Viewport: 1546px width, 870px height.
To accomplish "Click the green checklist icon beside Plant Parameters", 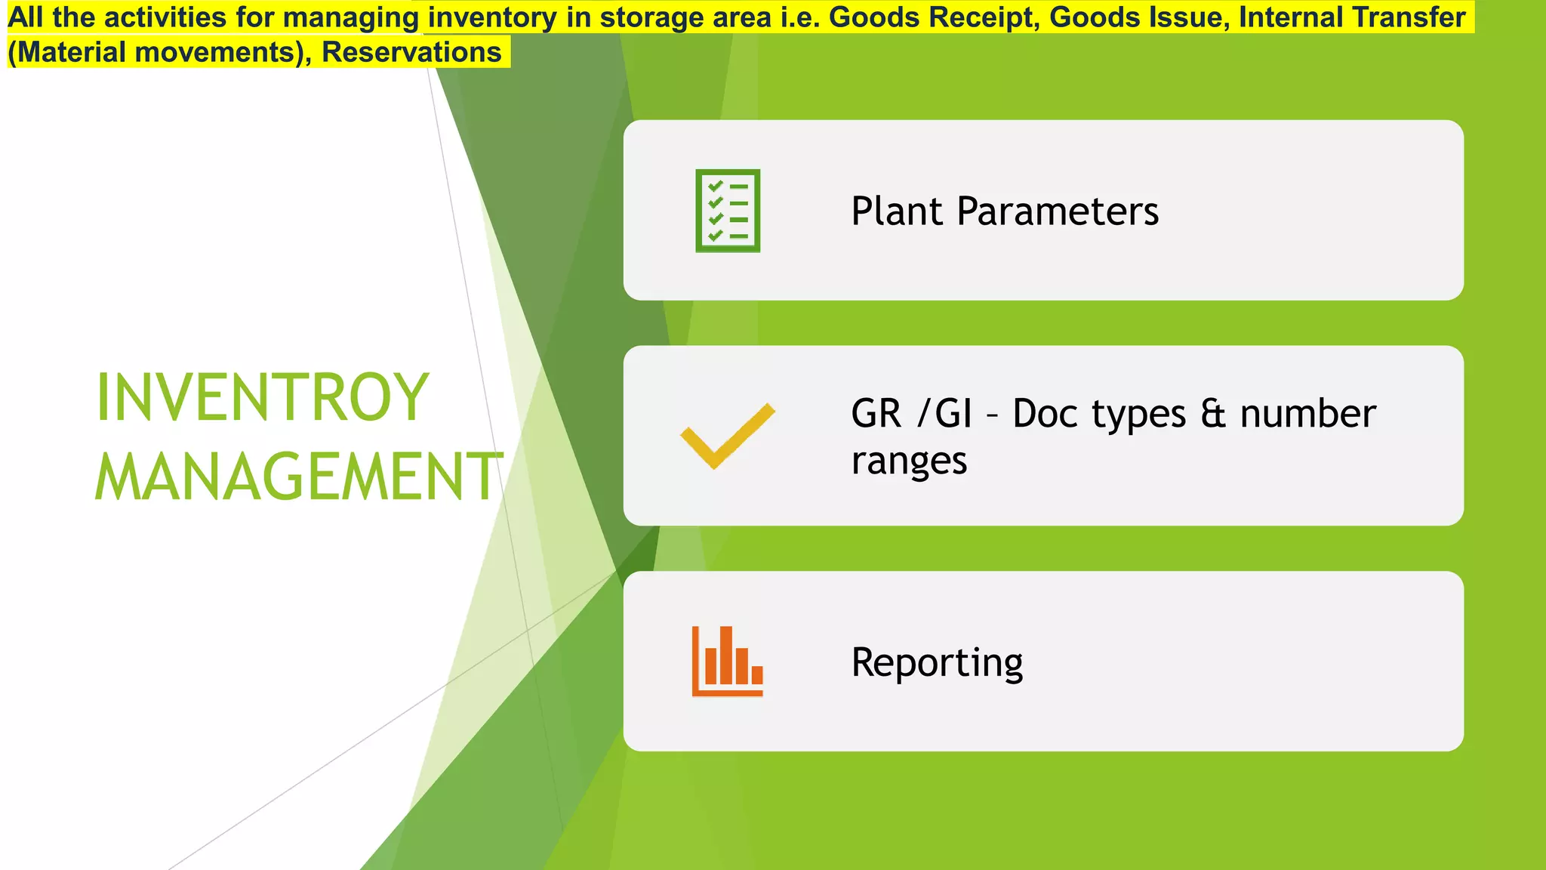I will (728, 211).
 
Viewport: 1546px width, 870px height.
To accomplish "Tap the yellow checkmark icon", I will (727, 437).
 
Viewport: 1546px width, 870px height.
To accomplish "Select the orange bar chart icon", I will (728, 662).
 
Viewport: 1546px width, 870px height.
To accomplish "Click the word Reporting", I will (937, 662).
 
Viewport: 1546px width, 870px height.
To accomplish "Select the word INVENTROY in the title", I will (263, 398).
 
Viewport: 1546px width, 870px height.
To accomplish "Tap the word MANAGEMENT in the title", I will (299, 477).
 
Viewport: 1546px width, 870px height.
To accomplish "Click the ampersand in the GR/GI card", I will (1213, 414).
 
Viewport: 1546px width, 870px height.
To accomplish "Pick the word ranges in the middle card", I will (909, 461).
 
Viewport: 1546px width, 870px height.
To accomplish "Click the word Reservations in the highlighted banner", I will (411, 53).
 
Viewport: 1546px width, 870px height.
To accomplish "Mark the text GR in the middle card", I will (876, 414).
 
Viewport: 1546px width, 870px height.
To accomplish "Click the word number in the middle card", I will (1308, 414).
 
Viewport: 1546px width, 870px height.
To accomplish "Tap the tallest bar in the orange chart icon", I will (726, 656).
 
